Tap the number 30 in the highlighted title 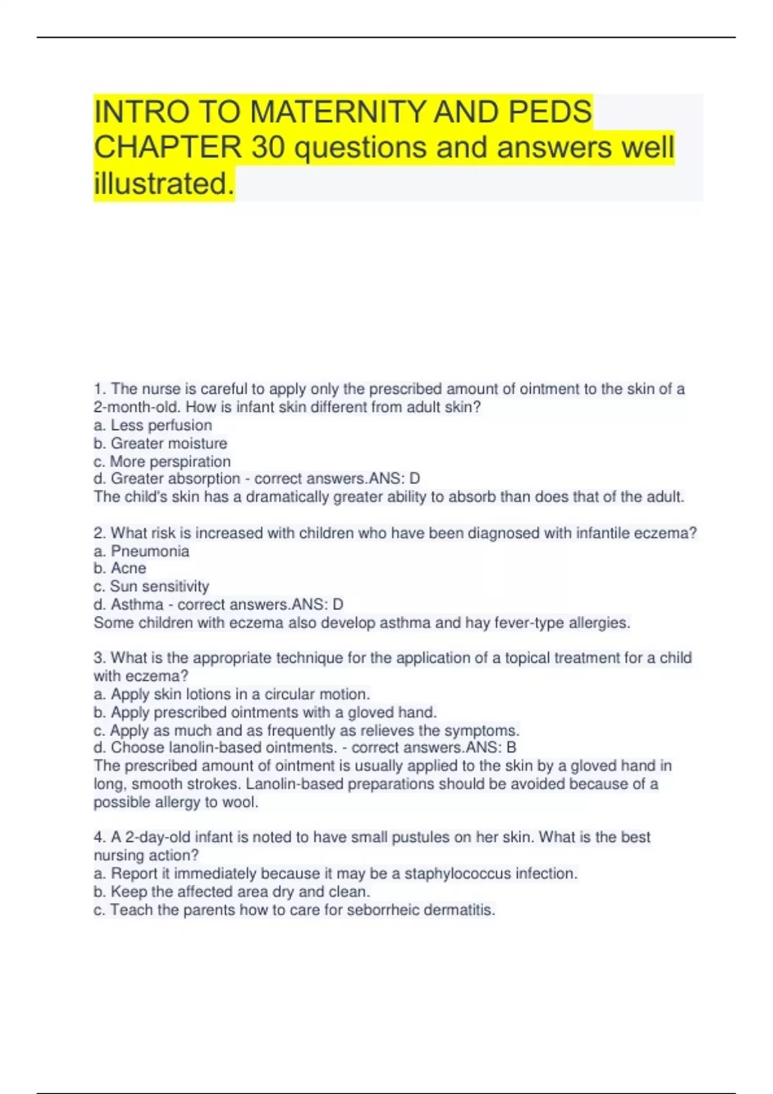(268, 147)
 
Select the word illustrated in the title (164, 183)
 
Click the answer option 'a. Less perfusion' (153, 425)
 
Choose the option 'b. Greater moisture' (160, 443)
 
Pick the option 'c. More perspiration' (162, 461)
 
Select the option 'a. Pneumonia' (142, 551)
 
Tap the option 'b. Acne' (120, 568)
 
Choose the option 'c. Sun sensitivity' (151, 586)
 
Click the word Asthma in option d (137, 604)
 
